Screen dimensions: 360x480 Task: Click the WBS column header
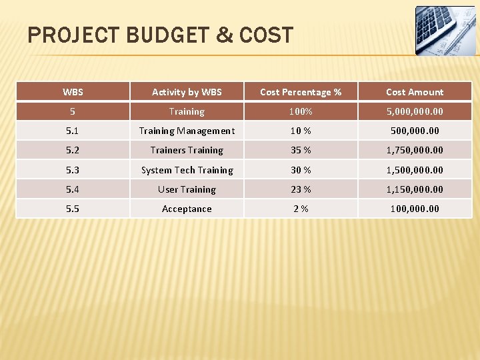pyautogui.click(x=73, y=92)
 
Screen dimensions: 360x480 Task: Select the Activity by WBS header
pyautogui.click(x=187, y=92)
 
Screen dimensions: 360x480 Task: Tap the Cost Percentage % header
pyautogui.click(x=300, y=92)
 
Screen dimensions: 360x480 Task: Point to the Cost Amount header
pyautogui.click(x=414, y=92)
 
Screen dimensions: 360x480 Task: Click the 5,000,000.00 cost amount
pyautogui.click(x=414, y=111)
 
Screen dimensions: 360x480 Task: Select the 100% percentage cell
pyautogui.click(x=300, y=111)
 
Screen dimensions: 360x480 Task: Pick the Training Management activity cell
pyautogui.click(x=187, y=131)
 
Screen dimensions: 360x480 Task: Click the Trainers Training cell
pyautogui.click(x=187, y=150)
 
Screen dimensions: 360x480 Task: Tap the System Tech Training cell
pyautogui.click(x=187, y=170)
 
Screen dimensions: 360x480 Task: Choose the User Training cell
pyautogui.click(x=187, y=189)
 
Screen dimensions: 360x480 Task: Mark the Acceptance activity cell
pyautogui.click(x=187, y=209)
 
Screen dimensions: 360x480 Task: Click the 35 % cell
pyautogui.click(x=300, y=150)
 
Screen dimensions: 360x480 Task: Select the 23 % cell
pyautogui.click(x=300, y=189)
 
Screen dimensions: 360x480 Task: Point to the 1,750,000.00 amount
pyautogui.click(x=414, y=150)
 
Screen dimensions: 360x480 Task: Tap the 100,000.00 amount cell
pyautogui.click(x=414, y=209)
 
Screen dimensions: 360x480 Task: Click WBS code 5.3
pyautogui.click(x=73, y=170)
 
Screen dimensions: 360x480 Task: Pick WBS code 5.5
pyautogui.click(x=73, y=209)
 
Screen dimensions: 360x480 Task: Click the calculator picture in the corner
pyautogui.click(x=445, y=31)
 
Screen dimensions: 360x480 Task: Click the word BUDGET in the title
pyautogui.click(x=171, y=35)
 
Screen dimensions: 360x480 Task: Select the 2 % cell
pyautogui.click(x=300, y=209)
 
